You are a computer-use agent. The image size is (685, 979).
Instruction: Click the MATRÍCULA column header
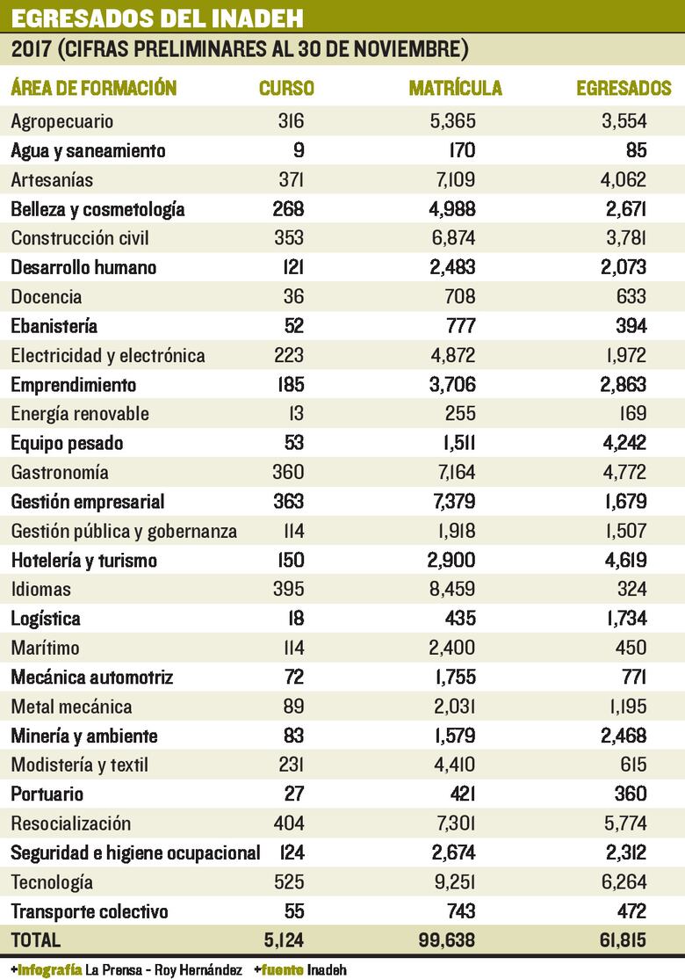[456, 89]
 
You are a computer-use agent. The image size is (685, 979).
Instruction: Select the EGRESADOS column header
[624, 89]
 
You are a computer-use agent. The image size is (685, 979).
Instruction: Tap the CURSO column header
[286, 89]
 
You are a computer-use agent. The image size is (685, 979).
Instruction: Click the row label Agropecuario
[62, 121]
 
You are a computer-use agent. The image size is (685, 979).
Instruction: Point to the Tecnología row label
[52, 882]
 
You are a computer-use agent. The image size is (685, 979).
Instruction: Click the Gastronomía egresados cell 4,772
[624, 473]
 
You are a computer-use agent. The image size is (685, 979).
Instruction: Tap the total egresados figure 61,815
[618, 939]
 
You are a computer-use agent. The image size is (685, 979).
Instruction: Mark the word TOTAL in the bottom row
[36, 939]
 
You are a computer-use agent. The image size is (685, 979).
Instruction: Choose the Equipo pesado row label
[67, 443]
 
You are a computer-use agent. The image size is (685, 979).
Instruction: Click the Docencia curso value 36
[292, 297]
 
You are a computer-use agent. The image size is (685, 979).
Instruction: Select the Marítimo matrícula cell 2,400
[453, 649]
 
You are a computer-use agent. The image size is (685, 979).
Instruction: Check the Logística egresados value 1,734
[624, 619]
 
